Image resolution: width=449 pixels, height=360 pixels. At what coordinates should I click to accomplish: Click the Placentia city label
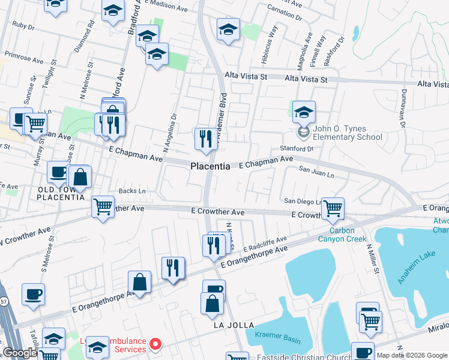pyautogui.click(x=210, y=166)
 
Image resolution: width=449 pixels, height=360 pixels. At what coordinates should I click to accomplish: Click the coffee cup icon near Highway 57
pyautogui.click(x=33, y=294)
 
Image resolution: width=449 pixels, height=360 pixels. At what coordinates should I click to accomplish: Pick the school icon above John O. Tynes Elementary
pyautogui.click(x=304, y=111)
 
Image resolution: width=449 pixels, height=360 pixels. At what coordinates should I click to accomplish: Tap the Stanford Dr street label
pyautogui.click(x=297, y=148)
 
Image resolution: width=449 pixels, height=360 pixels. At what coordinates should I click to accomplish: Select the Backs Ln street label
pyautogui.click(x=132, y=191)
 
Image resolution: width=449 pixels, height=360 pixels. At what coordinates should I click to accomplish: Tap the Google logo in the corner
pyautogui.click(x=20, y=353)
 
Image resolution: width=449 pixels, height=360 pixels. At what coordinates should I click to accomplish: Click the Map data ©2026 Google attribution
pyautogui.click(x=411, y=355)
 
